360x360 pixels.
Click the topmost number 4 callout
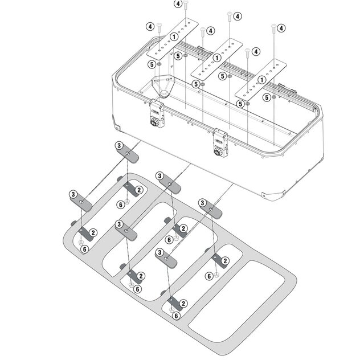(178, 5)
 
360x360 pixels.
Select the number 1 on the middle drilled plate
(217, 57)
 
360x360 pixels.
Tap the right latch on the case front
(220, 142)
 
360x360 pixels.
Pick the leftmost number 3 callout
(74, 194)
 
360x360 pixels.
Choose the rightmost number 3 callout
(202, 203)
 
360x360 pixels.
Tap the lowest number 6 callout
(176, 315)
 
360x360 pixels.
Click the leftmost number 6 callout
(84, 249)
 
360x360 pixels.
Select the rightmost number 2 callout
(225, 261)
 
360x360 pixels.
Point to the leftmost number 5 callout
(150, 65)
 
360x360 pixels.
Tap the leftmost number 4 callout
(150, 26)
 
